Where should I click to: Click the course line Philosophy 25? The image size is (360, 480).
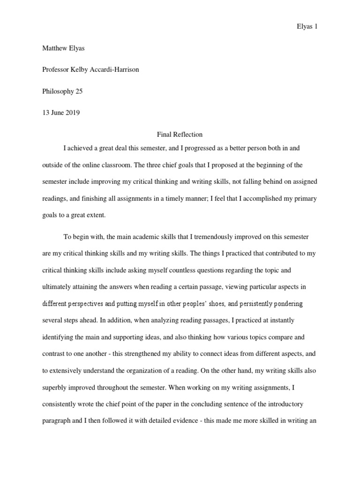point(62,91)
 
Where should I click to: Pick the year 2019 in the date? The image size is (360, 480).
point(73,113)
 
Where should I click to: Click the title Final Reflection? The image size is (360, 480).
point(180,135)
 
